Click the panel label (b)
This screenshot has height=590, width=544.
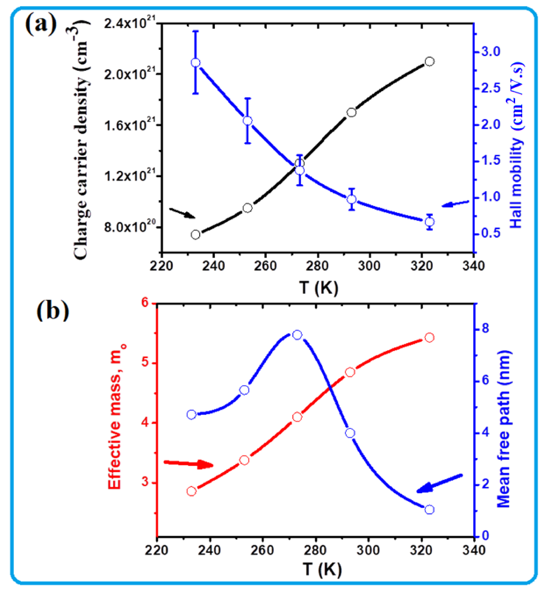tap(53, 311)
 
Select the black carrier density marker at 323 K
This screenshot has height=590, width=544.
tap(429, 61)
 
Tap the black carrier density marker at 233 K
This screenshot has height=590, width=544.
tap(195, 234)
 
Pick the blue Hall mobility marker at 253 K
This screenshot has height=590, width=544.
tap(248, 121)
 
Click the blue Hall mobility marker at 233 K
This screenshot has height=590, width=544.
tap(196, 63)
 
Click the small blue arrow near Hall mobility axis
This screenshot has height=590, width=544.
tap(455, 203)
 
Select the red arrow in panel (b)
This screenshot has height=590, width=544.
tap(188, 464)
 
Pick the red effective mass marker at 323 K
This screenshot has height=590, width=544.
tap(429, 337)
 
